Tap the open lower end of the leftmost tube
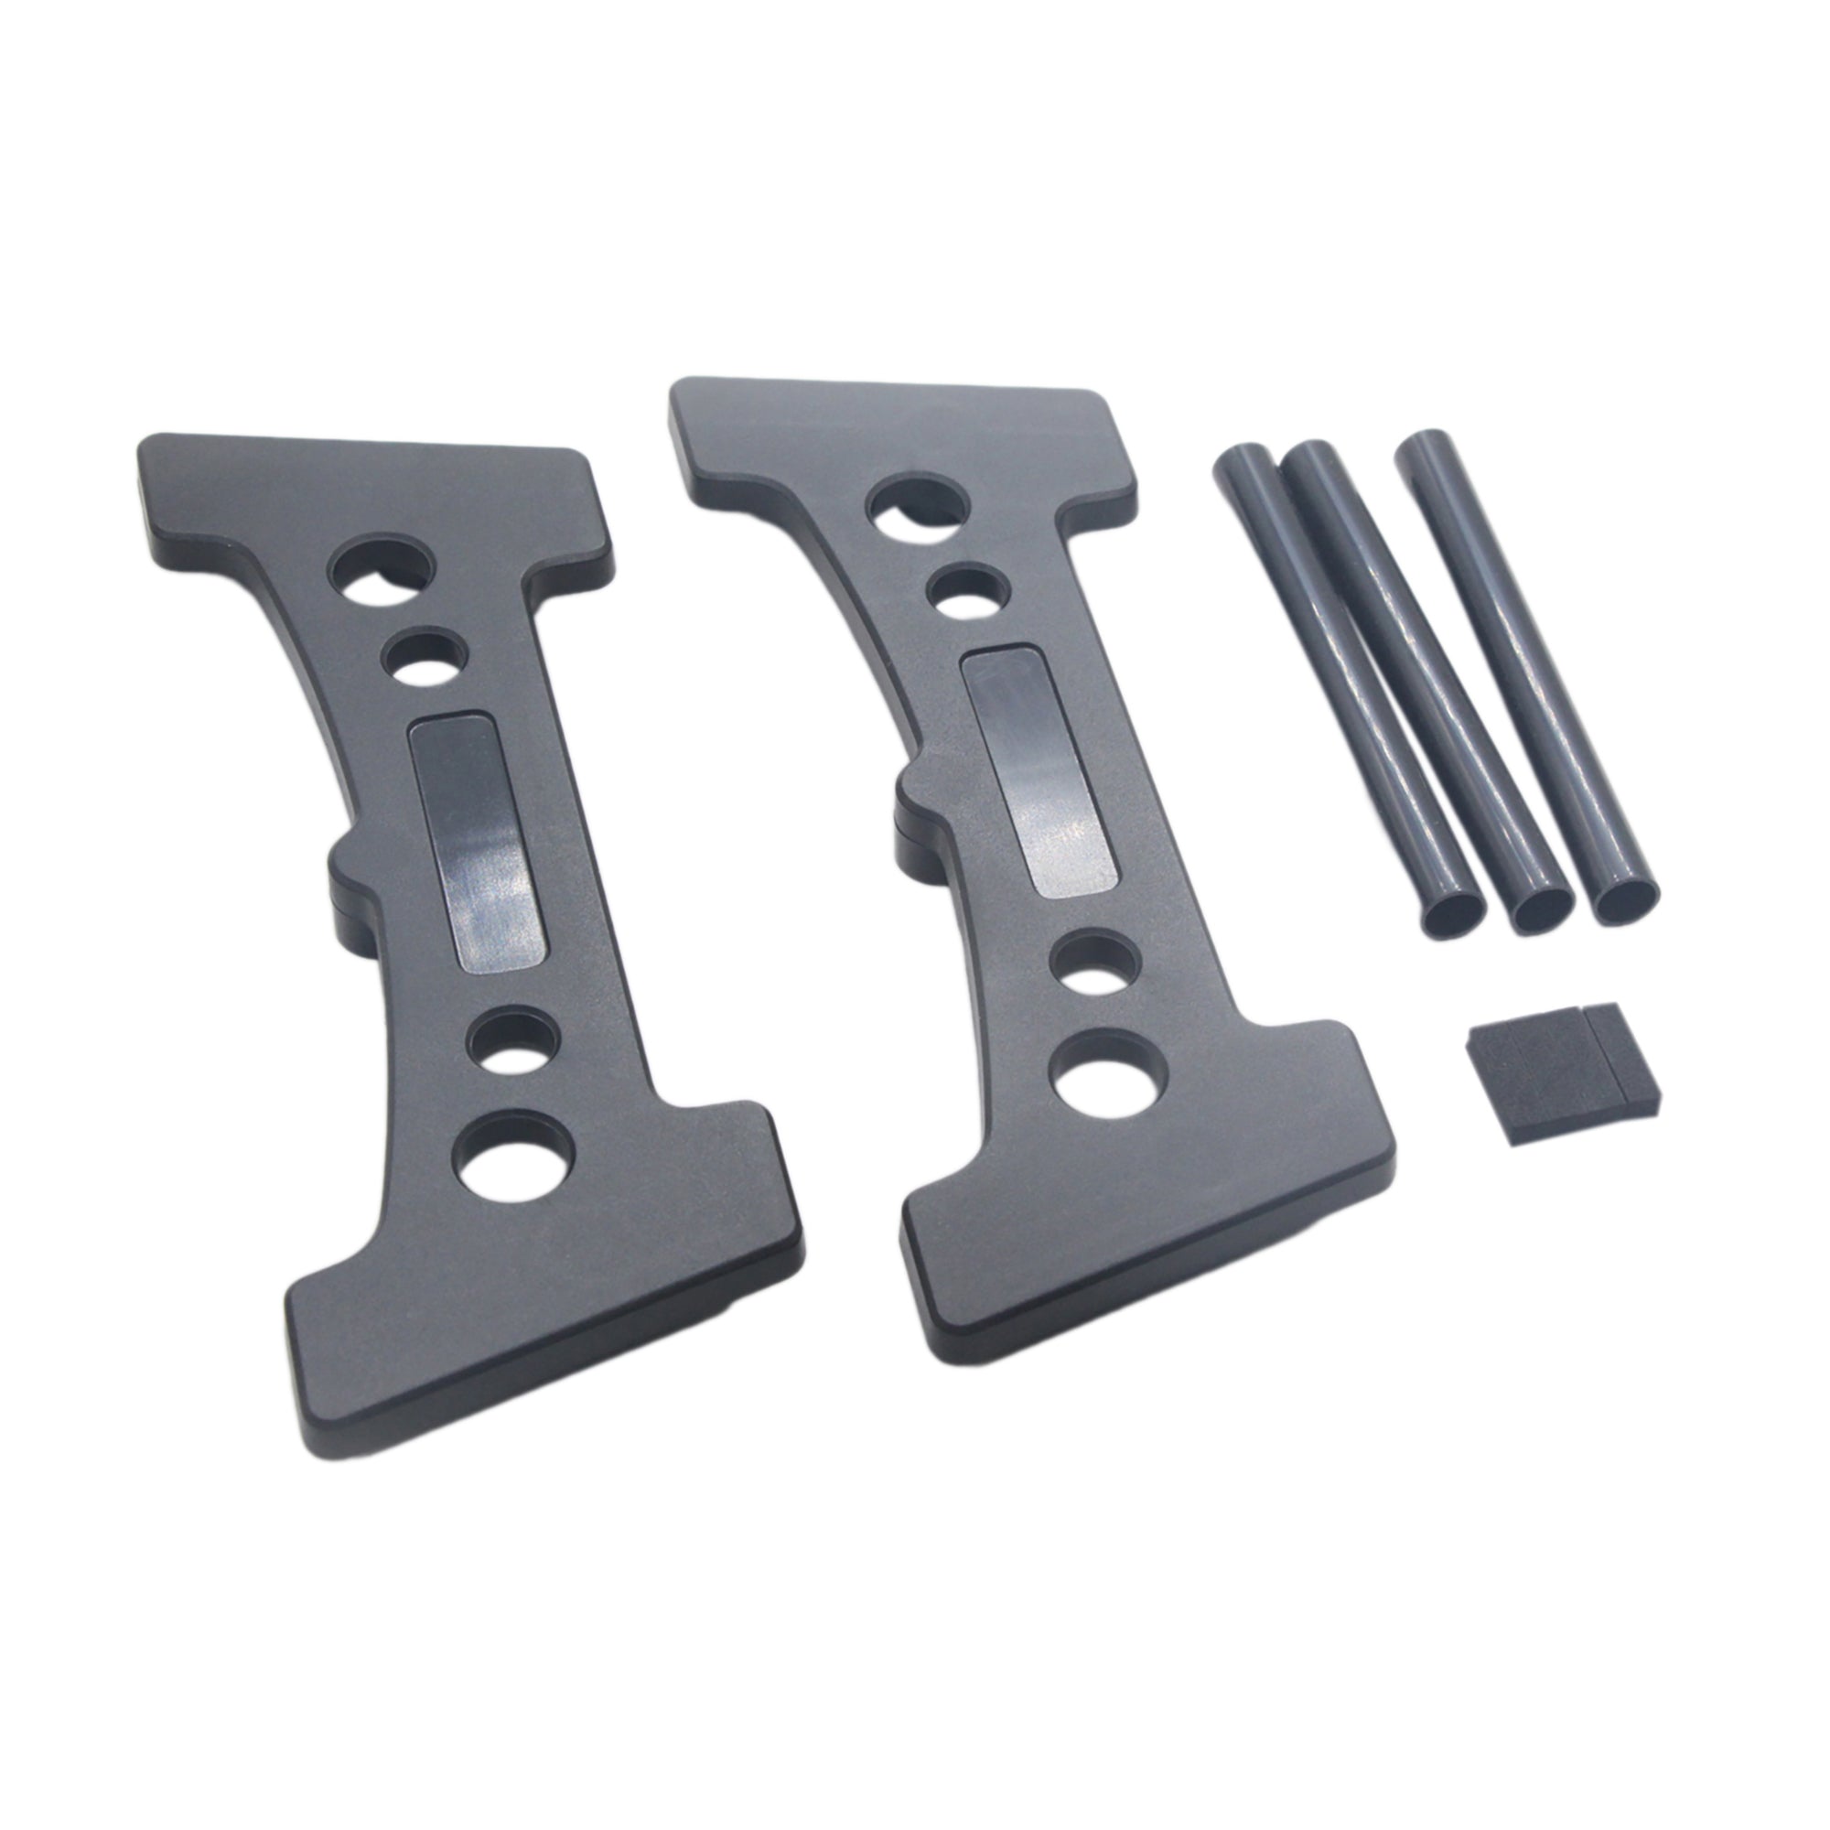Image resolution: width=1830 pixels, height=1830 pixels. (x=1452, y=913)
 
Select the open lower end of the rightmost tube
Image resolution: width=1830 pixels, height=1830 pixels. (x=1626, y=899)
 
